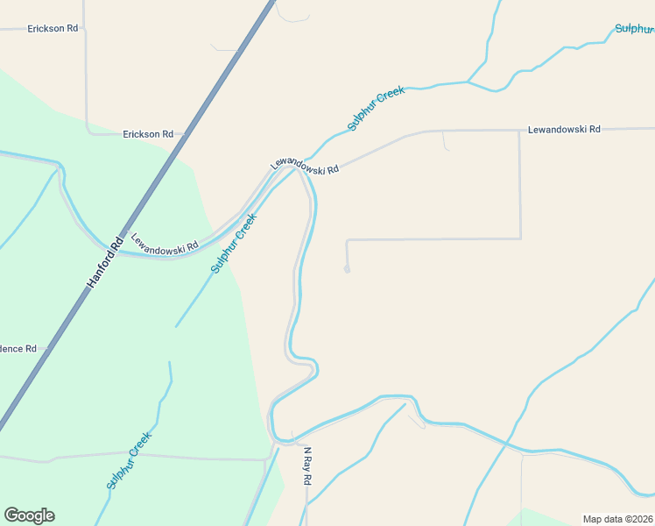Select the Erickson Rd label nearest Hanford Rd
[x=148, y=134]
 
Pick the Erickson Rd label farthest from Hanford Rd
[x=53, y=28]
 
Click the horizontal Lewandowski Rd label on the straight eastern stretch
[x=564, y=130]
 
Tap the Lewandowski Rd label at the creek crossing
[x=304, y=165]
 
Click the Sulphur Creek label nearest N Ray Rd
[x=129, y=460]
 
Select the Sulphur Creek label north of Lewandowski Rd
[x=376, y=108]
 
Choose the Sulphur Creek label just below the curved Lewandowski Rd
[x=234, y=243]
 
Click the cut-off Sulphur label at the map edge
[x=634, y=28]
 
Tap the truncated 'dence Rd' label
[x=18, y=348]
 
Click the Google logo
[x=29, y=515]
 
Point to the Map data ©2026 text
[x=618, y=519]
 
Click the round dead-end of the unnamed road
[x=347, y=270]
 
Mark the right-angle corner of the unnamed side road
[x=521, y=238]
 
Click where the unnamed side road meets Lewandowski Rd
[x=520, y=131]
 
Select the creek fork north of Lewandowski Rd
[x=468, y=82]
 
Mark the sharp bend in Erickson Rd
[x=88, y=132]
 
